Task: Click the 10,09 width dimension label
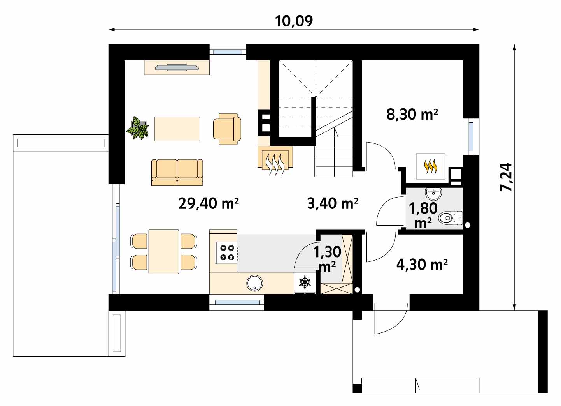[294, 21]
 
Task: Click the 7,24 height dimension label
[506, 177]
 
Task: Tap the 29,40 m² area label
[209, 203]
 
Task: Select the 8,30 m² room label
[412, 114]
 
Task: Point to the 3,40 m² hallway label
[333, 203]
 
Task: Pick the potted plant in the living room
[137, 128]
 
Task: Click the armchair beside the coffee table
[227, 129]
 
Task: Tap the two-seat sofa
[177, 173]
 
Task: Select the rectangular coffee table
[177, 129]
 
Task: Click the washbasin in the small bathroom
[433, 194]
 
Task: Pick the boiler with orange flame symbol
[431, 166]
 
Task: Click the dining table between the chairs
[164, 252]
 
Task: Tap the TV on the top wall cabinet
[177, 67]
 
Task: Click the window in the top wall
[228, 52]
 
